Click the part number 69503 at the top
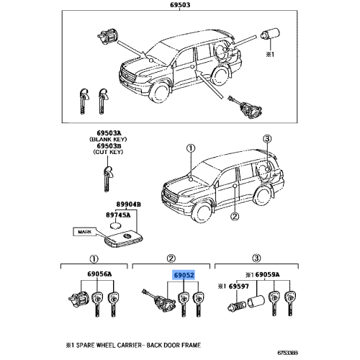coord(180,5)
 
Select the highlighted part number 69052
coord(184,275)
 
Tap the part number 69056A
coord(99,274)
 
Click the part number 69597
coord(239,287)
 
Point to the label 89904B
coord(129,204)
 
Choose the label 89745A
coord(118,215)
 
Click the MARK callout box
coord(85,232)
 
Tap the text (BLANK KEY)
coord(108,139)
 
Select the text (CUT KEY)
coord(108,152)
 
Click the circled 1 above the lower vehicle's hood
coord(191,148)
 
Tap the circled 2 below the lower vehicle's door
coord(235,217)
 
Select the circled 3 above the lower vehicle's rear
coord(267,139)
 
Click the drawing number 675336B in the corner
coord(287,353)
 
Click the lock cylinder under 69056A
coord(78,299)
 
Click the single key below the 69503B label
coord(108,178)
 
